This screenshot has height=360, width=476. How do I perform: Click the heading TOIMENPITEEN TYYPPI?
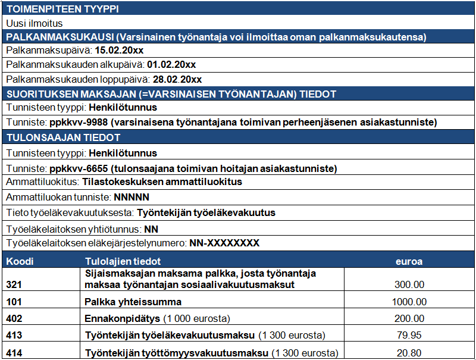tap(62, 9)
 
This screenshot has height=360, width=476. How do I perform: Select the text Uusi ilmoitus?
tap(35, 23)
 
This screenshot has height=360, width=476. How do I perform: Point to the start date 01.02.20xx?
tap(178, 65)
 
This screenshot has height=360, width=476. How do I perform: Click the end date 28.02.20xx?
tap(177, 79)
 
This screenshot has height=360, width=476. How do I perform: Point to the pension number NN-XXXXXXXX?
tap(224, 243)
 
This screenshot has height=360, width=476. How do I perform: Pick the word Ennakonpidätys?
tap(123, 318)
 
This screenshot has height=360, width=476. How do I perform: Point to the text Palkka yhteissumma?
tap(133, 302)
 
